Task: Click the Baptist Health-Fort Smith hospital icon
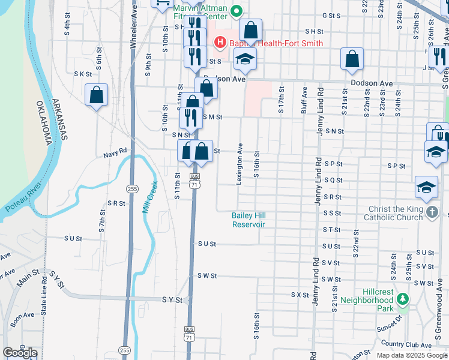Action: [x=220, y=43]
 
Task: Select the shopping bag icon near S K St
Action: [x=96, y=95]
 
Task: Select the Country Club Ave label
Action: [x=406, y=345]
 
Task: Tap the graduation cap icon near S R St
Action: [x=426, y=188]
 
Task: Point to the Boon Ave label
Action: [x=22, y=316]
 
